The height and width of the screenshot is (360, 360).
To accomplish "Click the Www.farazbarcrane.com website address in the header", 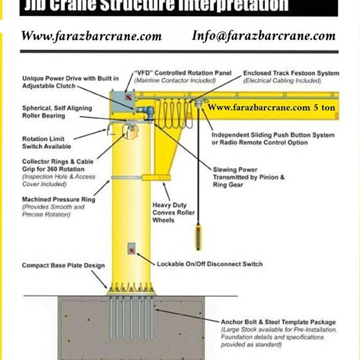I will [x=91, y=36].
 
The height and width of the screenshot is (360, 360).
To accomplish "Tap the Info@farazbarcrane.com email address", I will [x=263, y=35].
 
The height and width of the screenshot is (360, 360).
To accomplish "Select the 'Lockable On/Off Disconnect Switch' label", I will [x=209, y=264].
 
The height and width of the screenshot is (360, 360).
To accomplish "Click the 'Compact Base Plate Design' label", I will [x=64, y=265].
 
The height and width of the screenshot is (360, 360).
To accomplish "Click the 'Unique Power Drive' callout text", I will [x=70, y=82].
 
